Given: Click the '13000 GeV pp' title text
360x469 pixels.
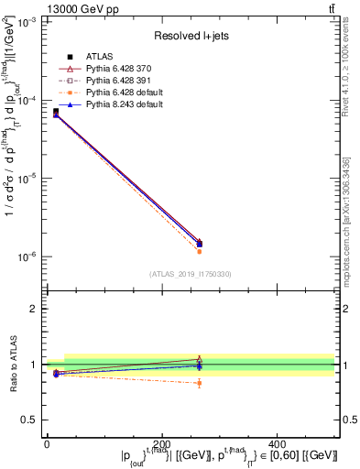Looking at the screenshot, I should pos(41,8).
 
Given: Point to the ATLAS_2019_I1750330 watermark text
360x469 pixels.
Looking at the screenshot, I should pos(191,274).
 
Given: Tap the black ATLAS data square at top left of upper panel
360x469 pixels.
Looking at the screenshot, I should pos(56,112).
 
